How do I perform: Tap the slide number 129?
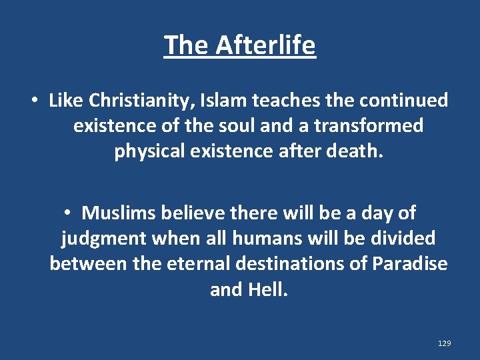click(445, 343)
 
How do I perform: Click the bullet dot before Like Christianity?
click(33, 101)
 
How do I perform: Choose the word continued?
click(403, 101)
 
